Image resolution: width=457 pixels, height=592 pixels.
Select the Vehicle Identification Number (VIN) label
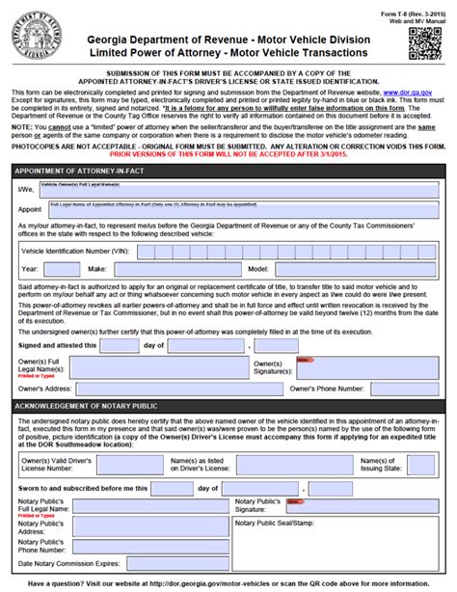pyautogui.click(x=78, y=248)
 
